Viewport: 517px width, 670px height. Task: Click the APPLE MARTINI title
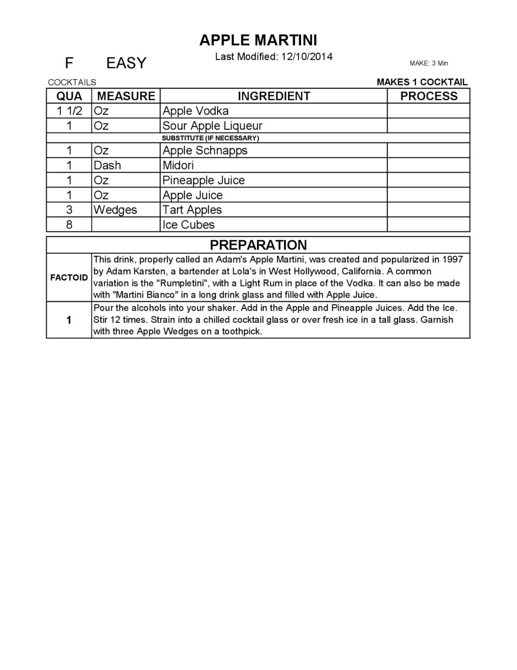pos(258,41)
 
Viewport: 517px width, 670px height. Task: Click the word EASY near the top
pos(126,63)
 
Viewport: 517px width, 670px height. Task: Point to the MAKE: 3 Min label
pos(428,63)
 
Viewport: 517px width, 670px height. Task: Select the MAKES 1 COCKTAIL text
pos(422,82)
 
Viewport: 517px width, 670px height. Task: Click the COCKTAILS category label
pos(72,82)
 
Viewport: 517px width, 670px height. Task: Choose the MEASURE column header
pos(126,96)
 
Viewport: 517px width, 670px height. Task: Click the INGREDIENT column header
pos(274,96)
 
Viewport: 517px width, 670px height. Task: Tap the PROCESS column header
pos(428,96)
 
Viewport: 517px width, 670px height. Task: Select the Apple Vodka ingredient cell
pos(195,111)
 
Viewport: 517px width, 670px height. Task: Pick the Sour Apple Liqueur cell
pos(212,126)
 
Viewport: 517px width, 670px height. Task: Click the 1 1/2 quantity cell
pos(69,111)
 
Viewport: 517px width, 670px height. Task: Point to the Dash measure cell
pos(107,165)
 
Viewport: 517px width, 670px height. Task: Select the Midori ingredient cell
pos(178,165)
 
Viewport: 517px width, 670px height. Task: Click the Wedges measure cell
pos(115,210)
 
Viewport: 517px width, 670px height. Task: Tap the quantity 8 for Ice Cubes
pos(69,224)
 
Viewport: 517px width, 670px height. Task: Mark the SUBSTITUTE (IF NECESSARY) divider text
pos(210,138)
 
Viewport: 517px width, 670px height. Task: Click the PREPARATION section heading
pos(258,245)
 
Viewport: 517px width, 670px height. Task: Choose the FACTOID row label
pos(69,278)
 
